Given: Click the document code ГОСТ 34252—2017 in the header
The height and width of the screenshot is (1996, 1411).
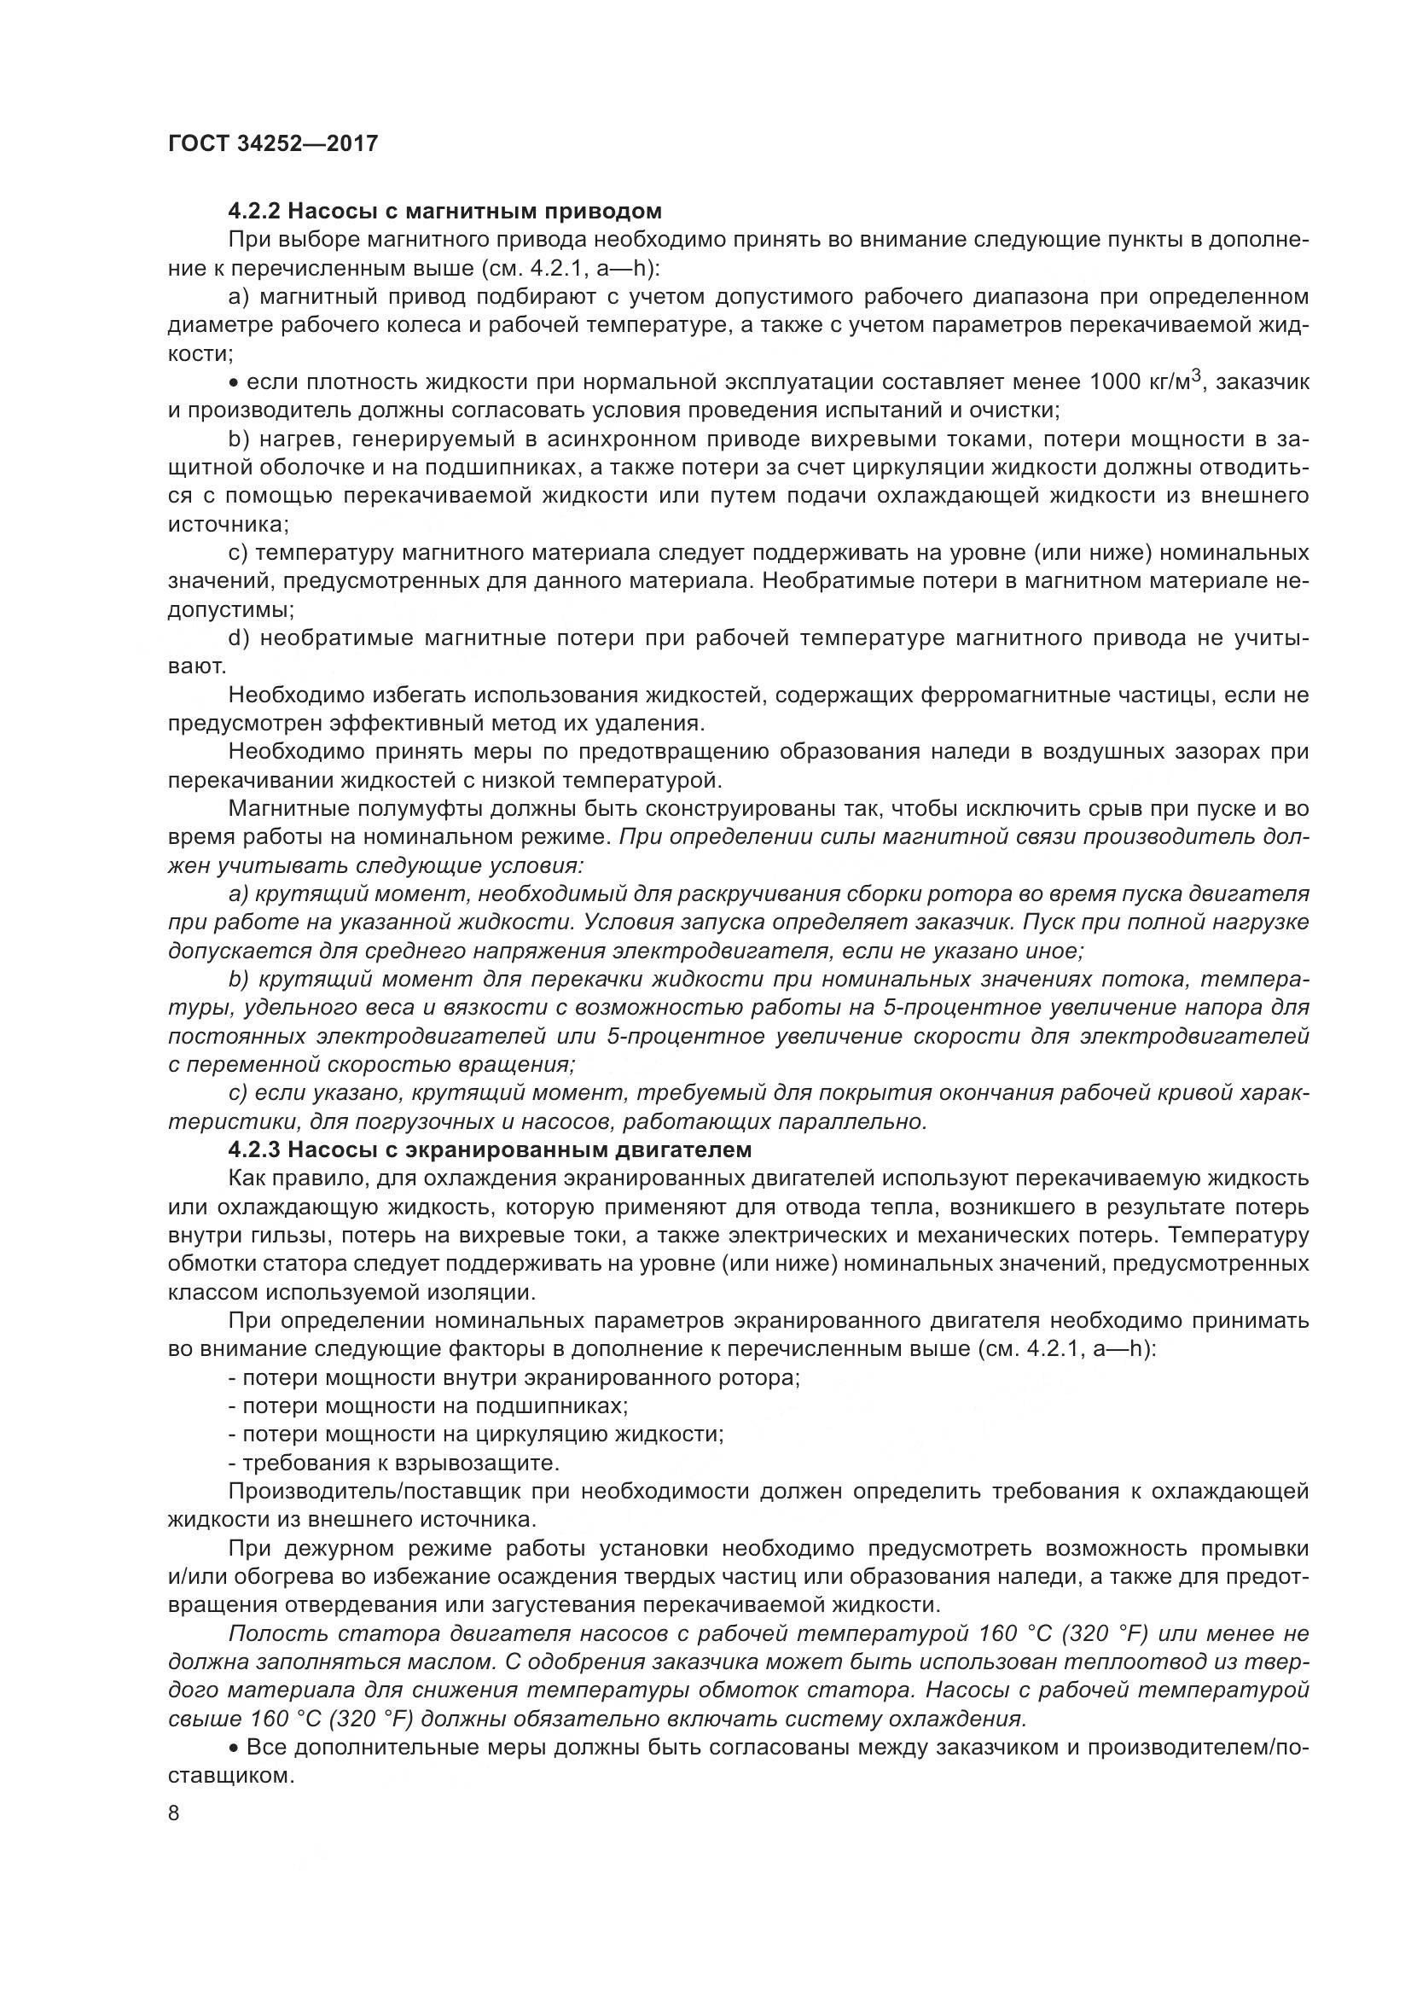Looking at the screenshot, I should pos(273,143).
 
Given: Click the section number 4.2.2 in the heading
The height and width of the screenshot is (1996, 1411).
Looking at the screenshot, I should pos(254,212).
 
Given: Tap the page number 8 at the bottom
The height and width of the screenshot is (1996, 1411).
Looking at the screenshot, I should pos(174,1813).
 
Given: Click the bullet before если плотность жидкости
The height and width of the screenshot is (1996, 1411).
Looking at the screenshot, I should pos(235,382).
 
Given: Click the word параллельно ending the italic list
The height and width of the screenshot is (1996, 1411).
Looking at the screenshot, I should pos(874,1121).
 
